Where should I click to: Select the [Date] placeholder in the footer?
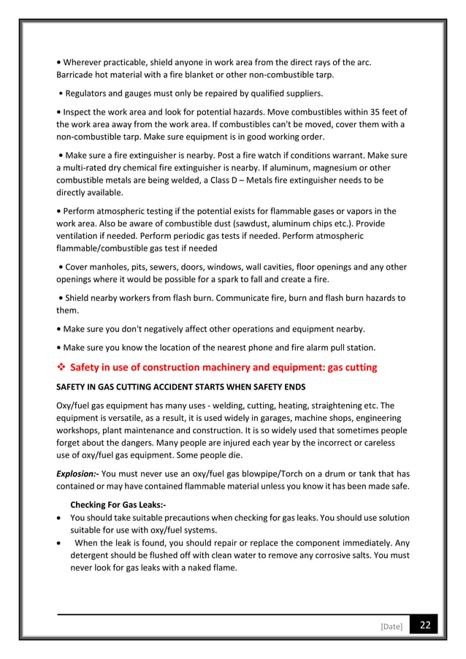(391, 627)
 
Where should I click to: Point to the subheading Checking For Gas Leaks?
(118, 504)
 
